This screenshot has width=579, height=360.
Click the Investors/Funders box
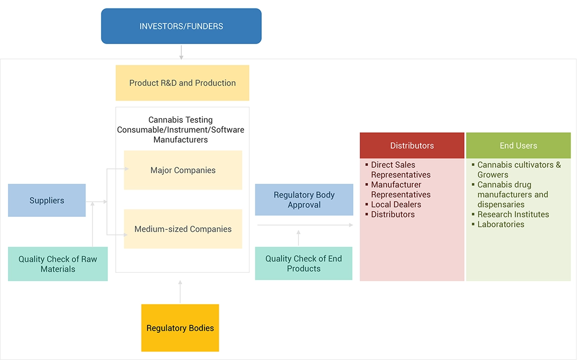pos(181,26)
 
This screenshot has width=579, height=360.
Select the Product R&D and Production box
pos(182,83)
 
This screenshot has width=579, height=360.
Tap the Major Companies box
pos(183,170)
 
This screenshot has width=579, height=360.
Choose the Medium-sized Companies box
pos(183,229)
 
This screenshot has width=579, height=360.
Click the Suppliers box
pos(47,201)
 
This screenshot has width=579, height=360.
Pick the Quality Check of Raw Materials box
pos(57,264)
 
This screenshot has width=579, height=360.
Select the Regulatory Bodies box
pos(180,328)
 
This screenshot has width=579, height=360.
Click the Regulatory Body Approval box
pos(304,200)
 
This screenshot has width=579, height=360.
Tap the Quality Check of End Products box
pos(303,263)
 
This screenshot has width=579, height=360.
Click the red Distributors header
pos(412,146)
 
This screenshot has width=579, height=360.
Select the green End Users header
pos(518,146)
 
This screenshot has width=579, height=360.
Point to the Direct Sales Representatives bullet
pos(400,170)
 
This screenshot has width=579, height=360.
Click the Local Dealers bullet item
pos(396,205)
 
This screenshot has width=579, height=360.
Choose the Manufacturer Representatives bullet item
pos(400,190)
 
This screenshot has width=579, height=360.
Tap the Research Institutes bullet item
pos(513,214)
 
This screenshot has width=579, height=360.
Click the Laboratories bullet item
pos(500,224)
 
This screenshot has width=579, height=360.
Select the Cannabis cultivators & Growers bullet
pos(518,170)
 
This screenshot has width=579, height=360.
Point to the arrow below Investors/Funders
pos(181,52)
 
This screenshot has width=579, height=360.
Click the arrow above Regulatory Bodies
pos(180,291)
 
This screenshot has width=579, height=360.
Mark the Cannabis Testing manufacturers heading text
pos(181,130)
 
